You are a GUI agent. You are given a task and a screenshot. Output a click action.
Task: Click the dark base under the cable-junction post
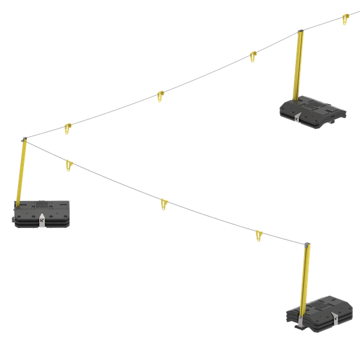(x=41, y=214)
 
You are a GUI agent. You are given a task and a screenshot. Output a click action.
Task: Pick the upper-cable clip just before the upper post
(x=253, y=58)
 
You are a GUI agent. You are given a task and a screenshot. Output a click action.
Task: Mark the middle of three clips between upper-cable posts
(x=160, y=96)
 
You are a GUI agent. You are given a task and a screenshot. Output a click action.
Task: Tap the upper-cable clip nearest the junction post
(x=68, y=128)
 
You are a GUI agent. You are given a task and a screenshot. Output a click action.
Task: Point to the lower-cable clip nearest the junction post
(x=69, y=164)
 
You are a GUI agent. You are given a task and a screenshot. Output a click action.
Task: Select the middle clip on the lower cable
(x=164, y=204)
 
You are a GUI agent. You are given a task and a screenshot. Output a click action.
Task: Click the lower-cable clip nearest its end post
(x=259, y=236)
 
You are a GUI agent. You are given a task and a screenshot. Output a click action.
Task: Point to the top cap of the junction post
(x=23, y=140)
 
